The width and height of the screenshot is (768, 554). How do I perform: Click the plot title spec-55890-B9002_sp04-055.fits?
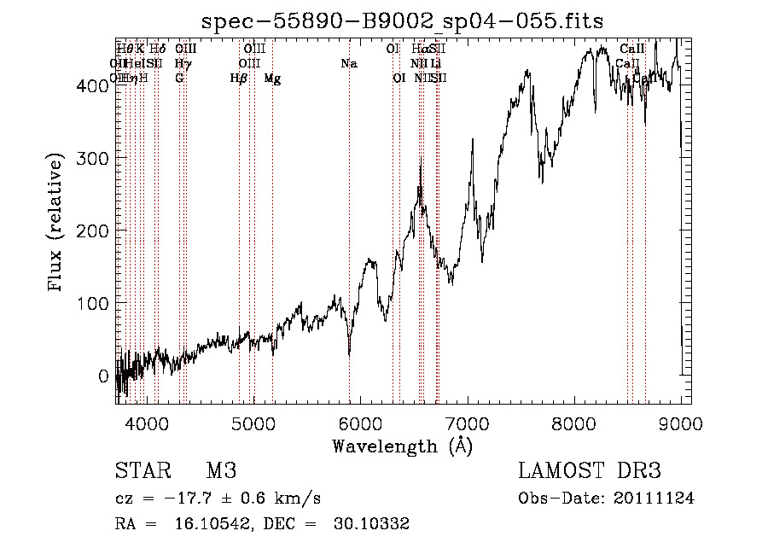402,21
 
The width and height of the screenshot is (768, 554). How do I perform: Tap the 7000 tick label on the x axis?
468,424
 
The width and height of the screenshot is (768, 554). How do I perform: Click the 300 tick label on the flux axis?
92,158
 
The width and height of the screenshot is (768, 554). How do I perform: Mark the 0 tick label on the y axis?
102,376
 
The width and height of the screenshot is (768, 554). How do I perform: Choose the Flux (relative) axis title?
57,224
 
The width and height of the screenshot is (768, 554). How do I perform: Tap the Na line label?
348,64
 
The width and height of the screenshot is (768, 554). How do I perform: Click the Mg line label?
272,79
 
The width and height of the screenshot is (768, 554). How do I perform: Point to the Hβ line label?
239,79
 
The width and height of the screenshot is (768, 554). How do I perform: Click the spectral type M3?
220,471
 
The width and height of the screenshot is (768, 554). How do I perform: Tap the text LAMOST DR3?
589,471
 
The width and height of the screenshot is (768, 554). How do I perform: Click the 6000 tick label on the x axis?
360,424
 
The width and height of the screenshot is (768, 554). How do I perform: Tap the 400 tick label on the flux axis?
92,85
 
